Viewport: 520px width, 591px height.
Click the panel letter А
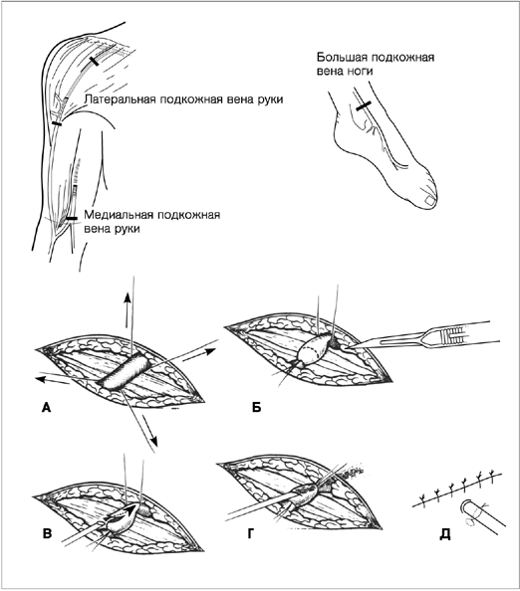coord(46,407)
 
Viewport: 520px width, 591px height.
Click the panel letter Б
coord(257,408)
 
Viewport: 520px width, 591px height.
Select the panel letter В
coord(47,533)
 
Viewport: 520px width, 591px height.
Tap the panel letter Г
coord(251,533)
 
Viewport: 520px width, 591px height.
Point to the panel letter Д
coord(445,534)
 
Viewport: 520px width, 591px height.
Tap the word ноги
coord(360,71)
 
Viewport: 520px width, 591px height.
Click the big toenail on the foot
coord(429,201)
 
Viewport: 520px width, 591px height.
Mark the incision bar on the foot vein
coord(364,105)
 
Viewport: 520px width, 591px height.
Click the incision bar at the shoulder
coord(94,61)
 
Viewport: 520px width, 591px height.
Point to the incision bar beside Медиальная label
coord(72,218)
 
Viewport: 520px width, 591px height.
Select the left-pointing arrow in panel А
coord(52,379)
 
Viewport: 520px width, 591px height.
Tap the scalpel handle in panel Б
coord(456,334)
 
